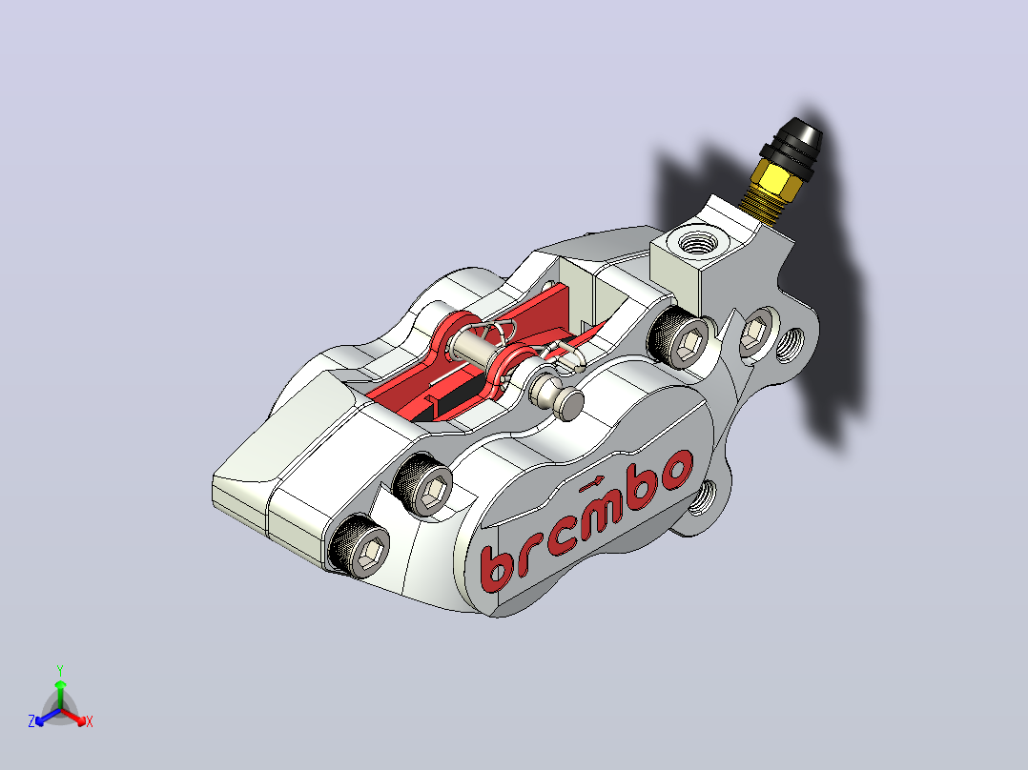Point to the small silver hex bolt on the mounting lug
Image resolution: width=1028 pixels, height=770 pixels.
pyautogui.click(x=754, y=333)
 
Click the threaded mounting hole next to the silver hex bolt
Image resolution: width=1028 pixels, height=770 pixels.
pyautogui.click(x=790, y=345)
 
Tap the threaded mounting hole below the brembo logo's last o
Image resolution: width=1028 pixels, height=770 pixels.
pyautogui.click(x=704, y=497)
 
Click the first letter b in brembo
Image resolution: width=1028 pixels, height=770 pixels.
pyautogui.click(x=494, y=565)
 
